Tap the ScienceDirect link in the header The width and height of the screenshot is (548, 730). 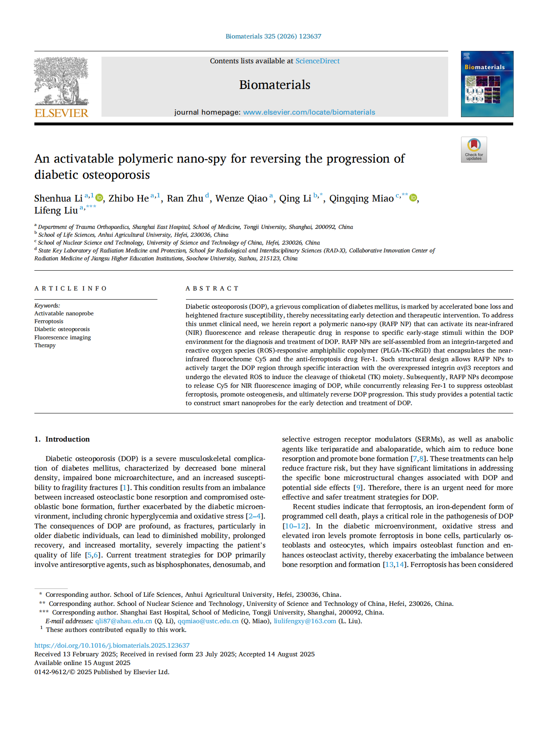[x=317, y=61]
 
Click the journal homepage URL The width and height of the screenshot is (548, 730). [x=309, y=112]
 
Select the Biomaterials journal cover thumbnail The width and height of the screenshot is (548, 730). [x=487, y=84]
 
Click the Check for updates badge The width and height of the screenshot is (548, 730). [x=474, y=149]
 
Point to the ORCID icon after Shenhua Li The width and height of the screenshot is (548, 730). [x=99, y=198]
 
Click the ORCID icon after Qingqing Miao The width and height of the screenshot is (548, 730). [x=413, y=198]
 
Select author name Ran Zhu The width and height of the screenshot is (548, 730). [x=185, y=199]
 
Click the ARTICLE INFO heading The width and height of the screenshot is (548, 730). [x=70, y=288]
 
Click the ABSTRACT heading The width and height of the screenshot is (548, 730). [x=212, y=288]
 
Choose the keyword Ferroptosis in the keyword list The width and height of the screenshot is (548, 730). [x=49, y=321]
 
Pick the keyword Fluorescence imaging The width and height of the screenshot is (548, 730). [x=63, y=337]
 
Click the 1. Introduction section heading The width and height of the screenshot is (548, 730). [x=62, y=439]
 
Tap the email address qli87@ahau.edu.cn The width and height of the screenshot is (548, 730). [x=123, y=621]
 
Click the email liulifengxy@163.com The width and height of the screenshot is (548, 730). [x=305, y=621]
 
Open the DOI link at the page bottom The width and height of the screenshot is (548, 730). [x=112, y=645]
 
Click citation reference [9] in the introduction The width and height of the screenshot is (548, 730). [x=358, y=487]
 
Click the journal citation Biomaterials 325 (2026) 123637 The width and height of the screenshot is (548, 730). [x=273, y=36]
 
